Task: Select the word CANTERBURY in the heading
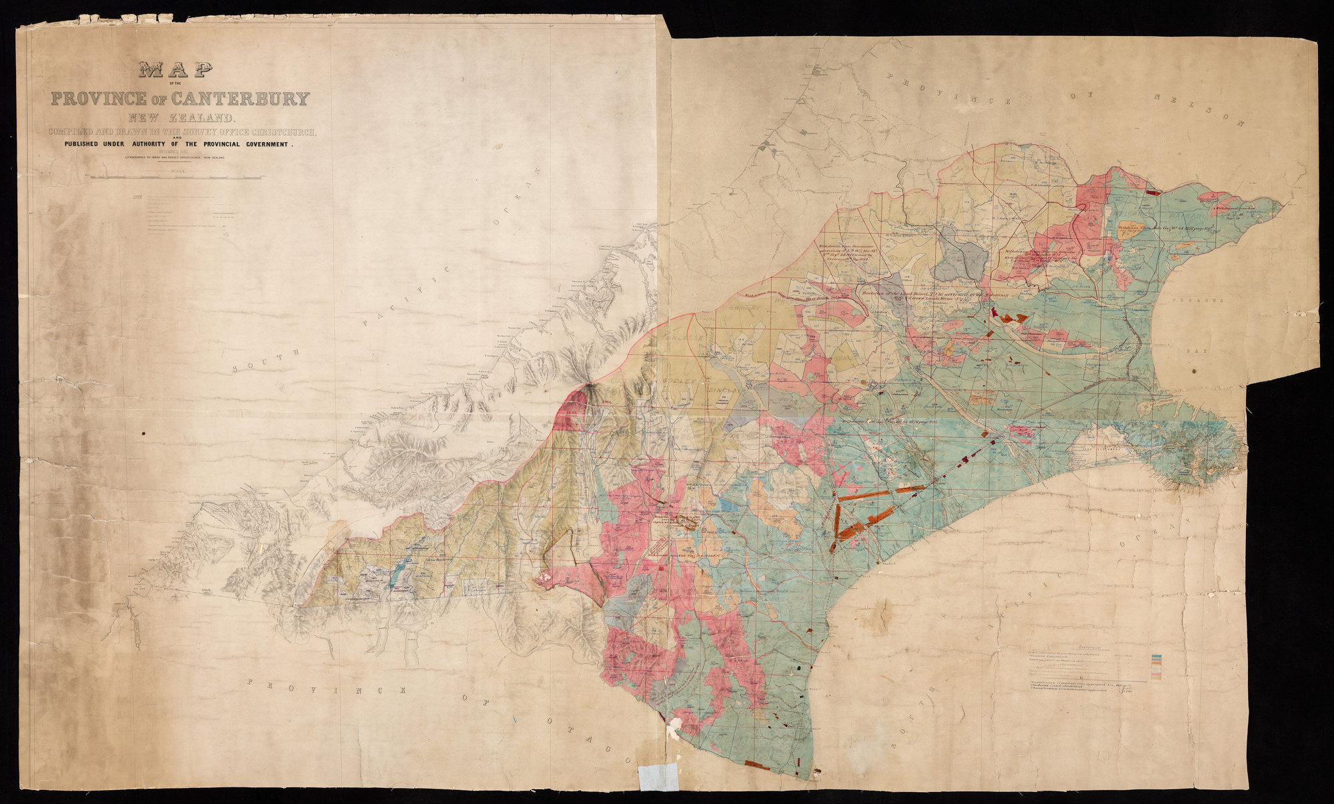click(241, 99)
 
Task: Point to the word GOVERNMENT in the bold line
click(262, 144)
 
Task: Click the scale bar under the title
click(176, 177)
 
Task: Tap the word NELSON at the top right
click(1201, 110)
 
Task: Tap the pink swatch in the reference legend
click(1157, 674)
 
